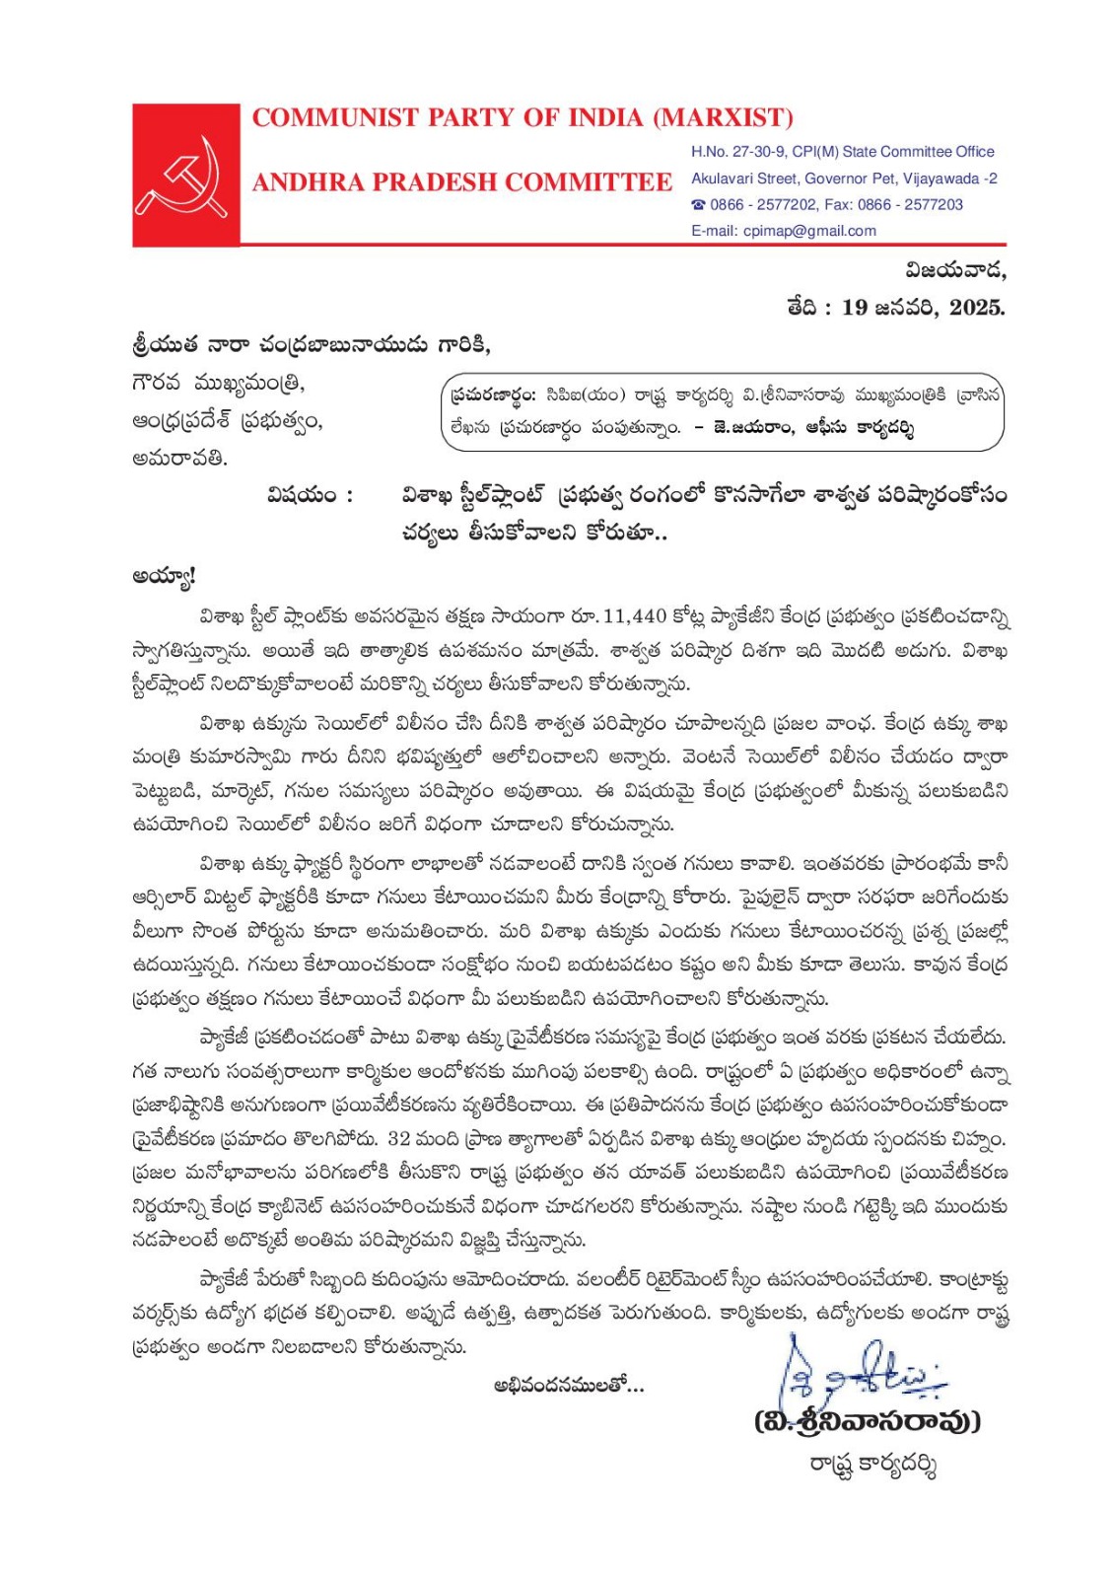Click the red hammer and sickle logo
pos(186,175)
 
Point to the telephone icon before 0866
pos(698,205)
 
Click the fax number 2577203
pos(933,205)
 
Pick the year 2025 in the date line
pos(976,308)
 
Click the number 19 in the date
pos(855,308)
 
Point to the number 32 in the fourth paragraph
pos(399,1139)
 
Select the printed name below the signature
pos(868,1421)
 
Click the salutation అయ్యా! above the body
pos(164,576)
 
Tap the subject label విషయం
pos(309,495)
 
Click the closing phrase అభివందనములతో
pos(568,1386)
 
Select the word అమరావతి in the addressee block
pos(179,459)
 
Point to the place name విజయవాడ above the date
pos(955,269)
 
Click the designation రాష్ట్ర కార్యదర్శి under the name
pos(871,1465)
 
